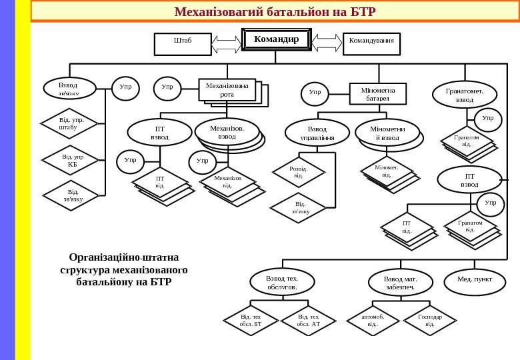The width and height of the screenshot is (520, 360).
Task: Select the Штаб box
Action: point(182,44)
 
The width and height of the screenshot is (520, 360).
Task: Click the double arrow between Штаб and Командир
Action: point(227,43)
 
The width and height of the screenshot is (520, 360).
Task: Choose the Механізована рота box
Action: point(227,90)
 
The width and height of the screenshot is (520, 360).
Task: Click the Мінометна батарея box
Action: point(377,94)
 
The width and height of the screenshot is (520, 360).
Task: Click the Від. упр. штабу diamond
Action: point(68,123)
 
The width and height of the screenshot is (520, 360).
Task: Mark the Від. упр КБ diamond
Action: point(68,160)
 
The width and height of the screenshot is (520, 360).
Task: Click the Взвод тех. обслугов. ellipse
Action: point(281,281)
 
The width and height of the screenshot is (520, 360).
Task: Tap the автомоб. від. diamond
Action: point(373,321)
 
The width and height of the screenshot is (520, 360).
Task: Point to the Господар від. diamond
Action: point(429,321)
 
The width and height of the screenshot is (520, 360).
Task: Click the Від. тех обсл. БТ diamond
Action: point(251,321)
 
